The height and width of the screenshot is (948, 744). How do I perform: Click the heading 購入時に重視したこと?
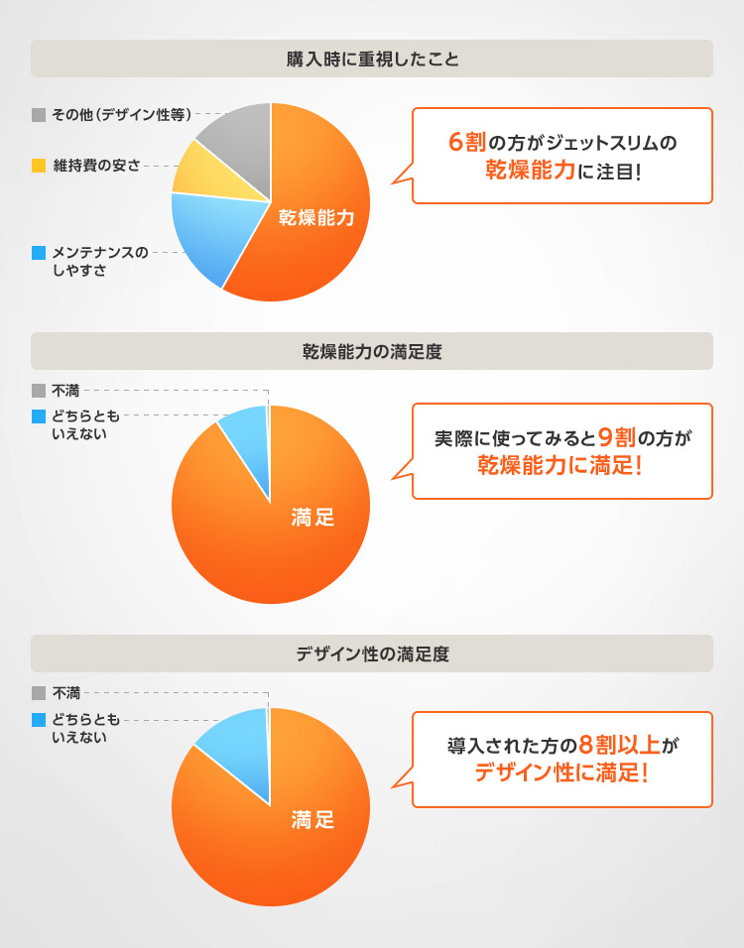tap(372, 59)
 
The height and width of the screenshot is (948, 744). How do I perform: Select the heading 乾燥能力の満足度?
tap(372, 351)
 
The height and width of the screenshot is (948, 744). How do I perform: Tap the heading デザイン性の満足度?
tap(372, 653)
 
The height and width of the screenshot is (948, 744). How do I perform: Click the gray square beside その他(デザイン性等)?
tap(39, 115)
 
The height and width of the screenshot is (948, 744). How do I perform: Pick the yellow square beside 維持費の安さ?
tap(39, 165)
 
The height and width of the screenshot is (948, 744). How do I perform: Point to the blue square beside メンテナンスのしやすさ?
tap(39, 253)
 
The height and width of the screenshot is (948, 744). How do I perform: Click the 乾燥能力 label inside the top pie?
tap(315, 217)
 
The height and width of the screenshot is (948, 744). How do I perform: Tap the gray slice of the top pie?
tap(238, 139)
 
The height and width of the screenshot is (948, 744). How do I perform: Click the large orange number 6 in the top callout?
tap(455, 142)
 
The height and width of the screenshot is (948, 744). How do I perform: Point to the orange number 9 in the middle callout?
tap(606, 436)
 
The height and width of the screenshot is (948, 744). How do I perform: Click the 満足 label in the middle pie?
tap(312, 517)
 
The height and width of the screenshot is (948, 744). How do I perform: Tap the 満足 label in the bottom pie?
tap(312, 819)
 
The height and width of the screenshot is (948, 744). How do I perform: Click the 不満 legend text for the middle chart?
tap(66, 391)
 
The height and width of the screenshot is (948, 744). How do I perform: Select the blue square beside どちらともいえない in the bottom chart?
tap(39, 720)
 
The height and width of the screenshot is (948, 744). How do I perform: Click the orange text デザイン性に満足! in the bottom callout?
tap(561, 772)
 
